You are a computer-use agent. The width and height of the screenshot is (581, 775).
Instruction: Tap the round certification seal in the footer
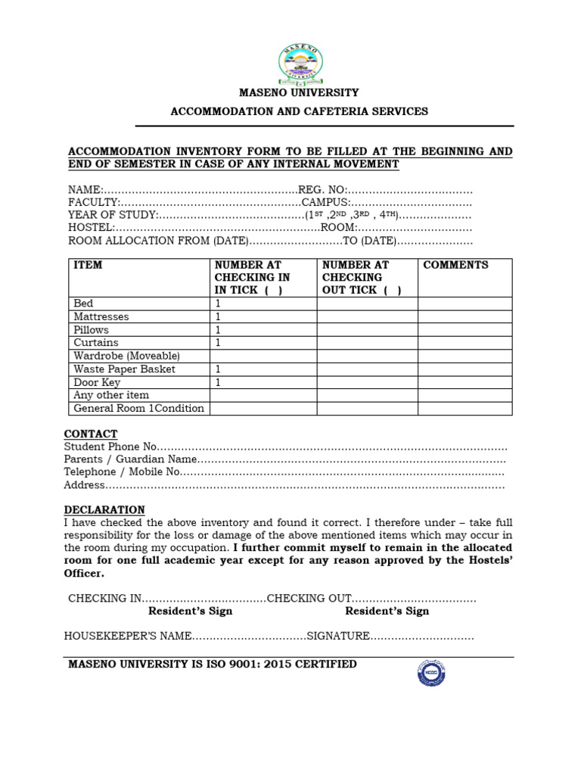[431, 671]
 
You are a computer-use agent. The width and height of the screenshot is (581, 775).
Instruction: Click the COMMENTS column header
[455, 265]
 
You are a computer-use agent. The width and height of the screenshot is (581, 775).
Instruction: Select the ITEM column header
[88, 265]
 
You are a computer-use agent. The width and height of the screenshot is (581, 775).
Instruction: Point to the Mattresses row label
[101, 316]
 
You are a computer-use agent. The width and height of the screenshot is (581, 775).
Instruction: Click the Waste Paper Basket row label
[124, 369]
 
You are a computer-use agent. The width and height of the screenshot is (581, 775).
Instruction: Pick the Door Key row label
[97, 382]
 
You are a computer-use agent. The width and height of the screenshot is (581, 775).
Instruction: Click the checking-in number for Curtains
[218, 343]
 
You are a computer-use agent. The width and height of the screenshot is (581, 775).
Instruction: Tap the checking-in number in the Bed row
[218, 303]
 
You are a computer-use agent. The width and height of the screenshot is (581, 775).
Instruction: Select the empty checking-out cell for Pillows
[367, 330]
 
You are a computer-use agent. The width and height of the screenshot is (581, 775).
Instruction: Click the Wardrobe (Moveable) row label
[126, 356]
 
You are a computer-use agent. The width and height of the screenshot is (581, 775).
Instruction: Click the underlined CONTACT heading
[91, 434]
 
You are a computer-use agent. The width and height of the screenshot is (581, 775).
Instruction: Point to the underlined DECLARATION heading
[104, 509]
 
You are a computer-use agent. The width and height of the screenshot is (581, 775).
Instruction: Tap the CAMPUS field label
[325, 203]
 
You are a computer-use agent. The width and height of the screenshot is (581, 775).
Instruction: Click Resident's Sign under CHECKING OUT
[387, 611]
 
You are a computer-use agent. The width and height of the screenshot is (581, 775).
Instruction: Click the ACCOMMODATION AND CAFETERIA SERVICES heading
[299, 111]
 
